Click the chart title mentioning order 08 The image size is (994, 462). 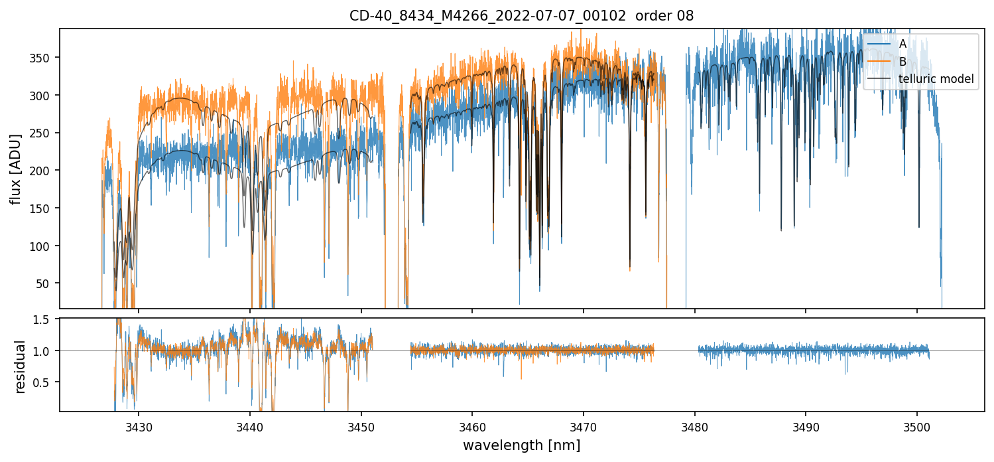(x=521, y=16)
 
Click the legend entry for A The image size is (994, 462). (x=902, y=44)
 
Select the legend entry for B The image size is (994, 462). (x=902, y=62)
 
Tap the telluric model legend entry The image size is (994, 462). (x=936, y=79)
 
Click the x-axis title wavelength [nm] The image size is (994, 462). (x=521, y=445)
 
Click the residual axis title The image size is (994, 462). (x=20, y=366)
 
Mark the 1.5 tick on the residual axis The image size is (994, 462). (x=47, y=320)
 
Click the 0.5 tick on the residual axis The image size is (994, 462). (x=47, y=382)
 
